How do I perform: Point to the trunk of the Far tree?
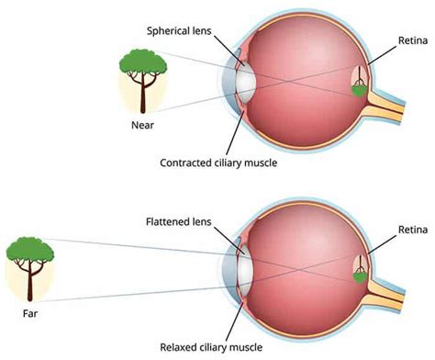pyautogui.click(x=29, y=285)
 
